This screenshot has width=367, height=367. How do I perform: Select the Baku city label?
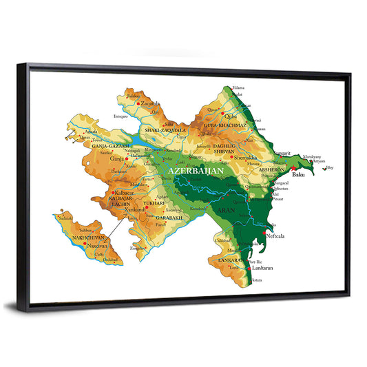298,175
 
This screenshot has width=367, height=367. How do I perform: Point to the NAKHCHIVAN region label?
85,235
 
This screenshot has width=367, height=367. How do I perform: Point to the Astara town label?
258,280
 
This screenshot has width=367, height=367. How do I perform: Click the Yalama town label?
239,88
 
